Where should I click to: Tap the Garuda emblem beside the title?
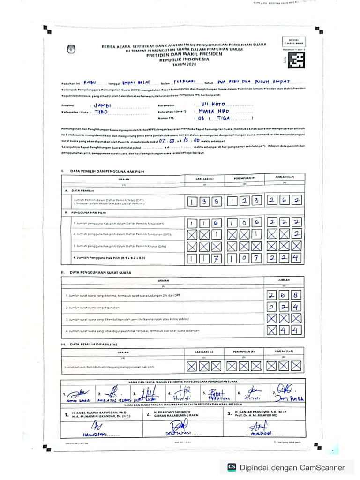pyautogui.click(x=72, y=49)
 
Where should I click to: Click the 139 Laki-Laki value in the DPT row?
pyautogui.click(x=204, y=202)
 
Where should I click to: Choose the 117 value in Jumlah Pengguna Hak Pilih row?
pyautogui.click(x=204, y=258)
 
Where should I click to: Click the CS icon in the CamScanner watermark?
pyautogui.click(x=232, y=467)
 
